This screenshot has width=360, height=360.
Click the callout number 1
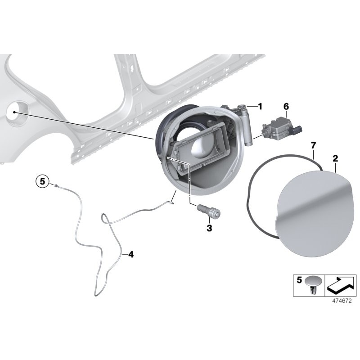260,107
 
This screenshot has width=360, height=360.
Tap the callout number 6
286,107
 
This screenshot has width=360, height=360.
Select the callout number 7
313,145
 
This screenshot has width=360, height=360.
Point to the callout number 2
335,158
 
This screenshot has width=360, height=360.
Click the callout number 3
209,228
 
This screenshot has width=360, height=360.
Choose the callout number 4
130,254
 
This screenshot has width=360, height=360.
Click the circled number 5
43,181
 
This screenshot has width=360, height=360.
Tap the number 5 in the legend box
299,280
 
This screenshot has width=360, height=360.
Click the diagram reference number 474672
342,301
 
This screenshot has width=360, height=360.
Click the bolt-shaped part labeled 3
209,211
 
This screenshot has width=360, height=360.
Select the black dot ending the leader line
14,112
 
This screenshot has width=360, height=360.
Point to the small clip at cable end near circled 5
56,185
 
